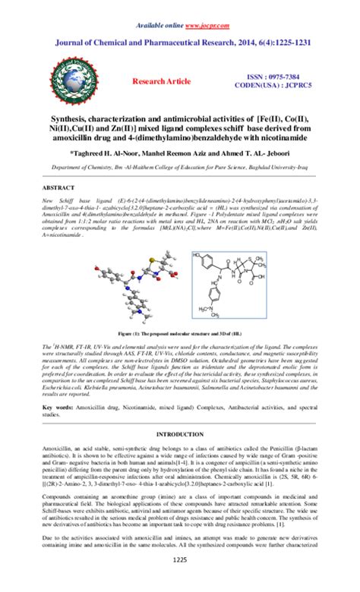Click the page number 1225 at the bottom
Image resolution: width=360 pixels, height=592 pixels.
coord(180,581)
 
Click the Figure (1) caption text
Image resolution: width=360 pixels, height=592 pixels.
coord(180,333)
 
